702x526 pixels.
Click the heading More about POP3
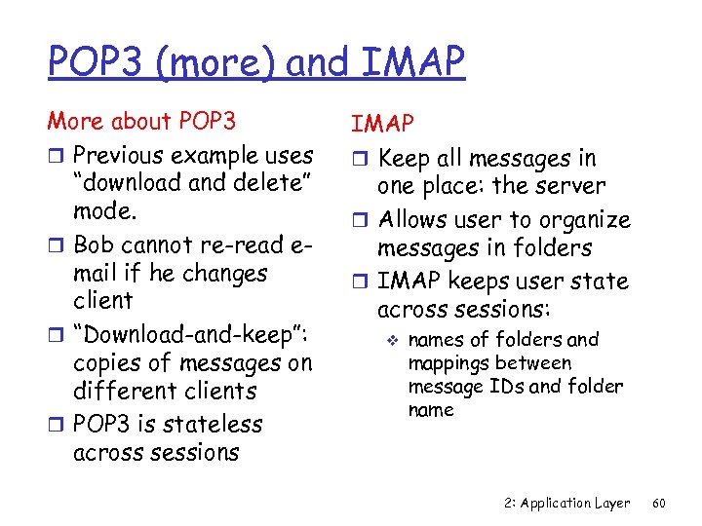(x=141, y=122)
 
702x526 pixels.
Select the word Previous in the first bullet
(x=121, y=155)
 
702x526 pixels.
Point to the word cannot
(x=165, y=245)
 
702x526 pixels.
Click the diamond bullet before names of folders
(x=388, y=340)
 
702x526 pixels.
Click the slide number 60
(x=659, y=504)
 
